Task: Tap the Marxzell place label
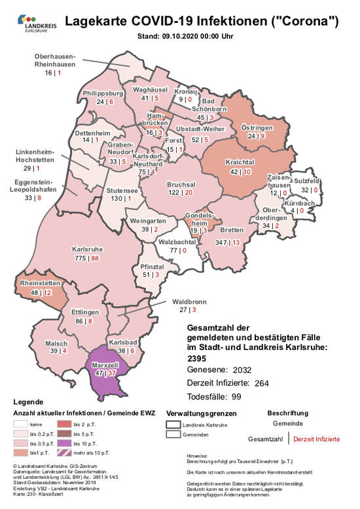pos(104,364)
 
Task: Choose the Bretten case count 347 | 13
pos(231,242)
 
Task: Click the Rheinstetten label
pos(41,283)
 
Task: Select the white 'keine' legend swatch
pos(24,423)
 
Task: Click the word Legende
pos(28,402)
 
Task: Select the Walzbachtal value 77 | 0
pos(175,251)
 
